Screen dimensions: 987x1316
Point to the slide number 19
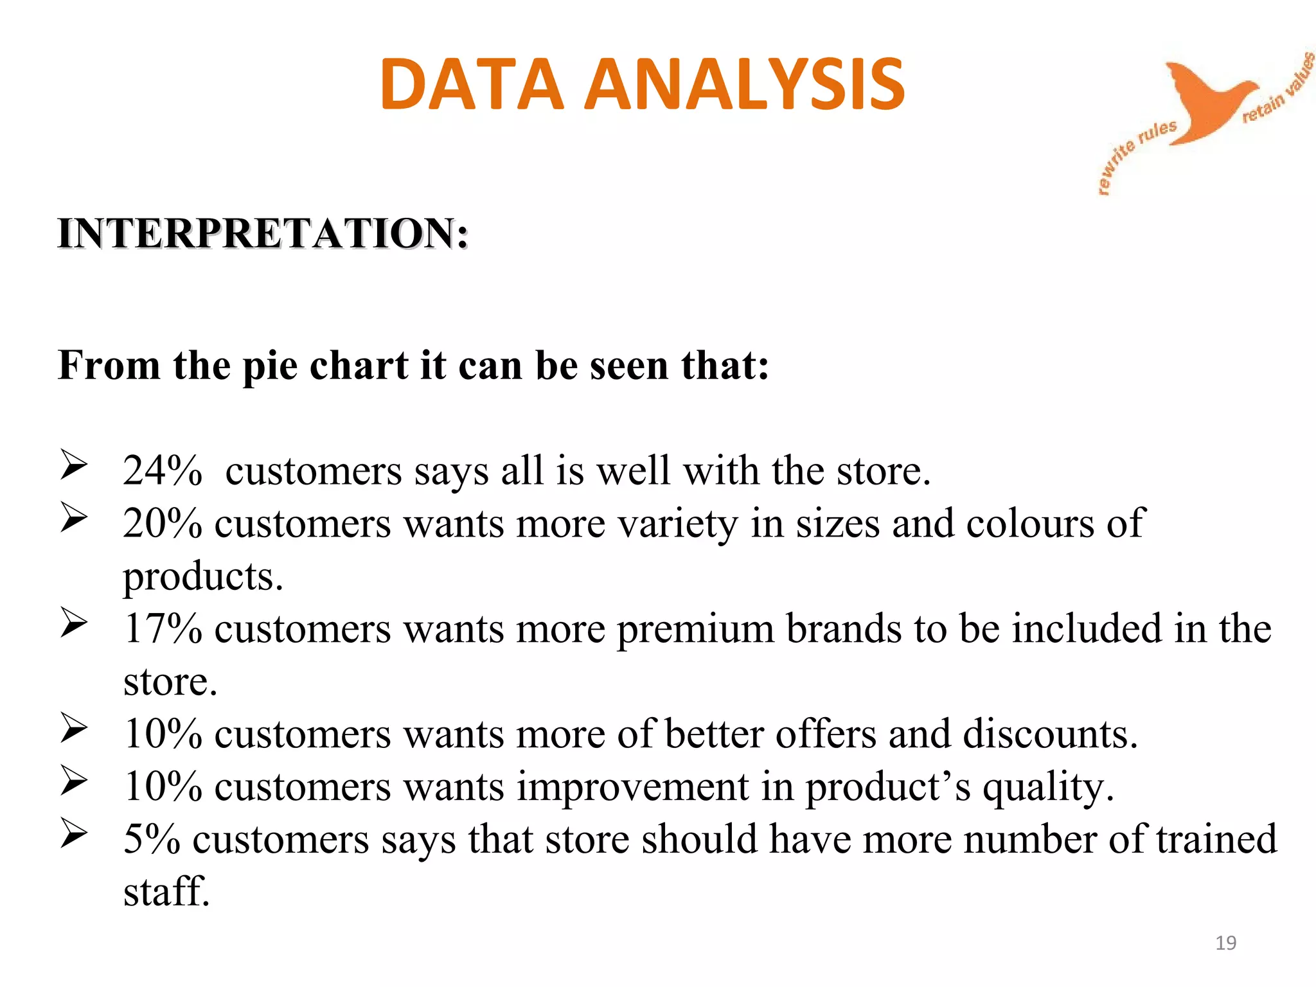click(1225, 943)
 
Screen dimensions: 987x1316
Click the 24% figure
click(163, 470)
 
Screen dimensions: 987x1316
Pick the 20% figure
click(163, 523)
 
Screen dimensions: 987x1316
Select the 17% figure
click(163, 628)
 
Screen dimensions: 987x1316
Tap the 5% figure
click(152, 839)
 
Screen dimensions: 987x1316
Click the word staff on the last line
click(166, 892)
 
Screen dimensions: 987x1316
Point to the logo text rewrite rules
click(1134, 154)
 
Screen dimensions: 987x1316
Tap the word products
click(202, 577)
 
